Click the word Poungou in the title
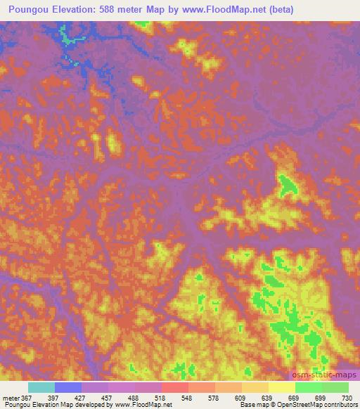pyautogui.click(x=29, y=9)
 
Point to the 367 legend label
pyautogui.click(x=26, y=397)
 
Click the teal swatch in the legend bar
pyautogui.click(x=41, y=387)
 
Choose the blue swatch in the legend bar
pyautogui.click(x=68, y=387)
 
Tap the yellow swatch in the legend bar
pyautogui.click(x=282, y=387)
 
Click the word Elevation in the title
pyautogui.click(x=77, y=9)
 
